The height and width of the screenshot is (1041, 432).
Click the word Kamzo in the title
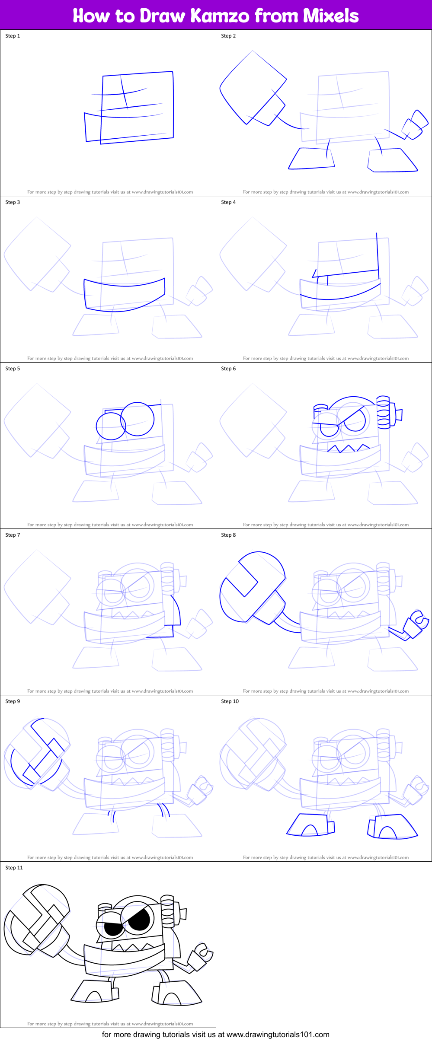click(220, 16)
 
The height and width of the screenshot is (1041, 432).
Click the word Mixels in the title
click(330, 16)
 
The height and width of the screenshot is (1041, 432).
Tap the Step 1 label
click(13, 36)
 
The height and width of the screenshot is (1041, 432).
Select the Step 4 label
click(228, 202)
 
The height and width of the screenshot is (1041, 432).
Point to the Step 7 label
click(13, 535)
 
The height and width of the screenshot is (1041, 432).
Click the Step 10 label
click(230, 701)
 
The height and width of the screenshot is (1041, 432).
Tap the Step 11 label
click(14, 868)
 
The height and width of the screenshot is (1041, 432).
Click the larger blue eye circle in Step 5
click(138, 419)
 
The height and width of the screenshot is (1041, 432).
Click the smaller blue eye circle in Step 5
click(110, 426)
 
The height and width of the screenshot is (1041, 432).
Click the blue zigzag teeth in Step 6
click(348, 449)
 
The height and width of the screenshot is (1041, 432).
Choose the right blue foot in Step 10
click(392, 827)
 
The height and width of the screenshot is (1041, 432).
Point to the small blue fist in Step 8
click(415, 623)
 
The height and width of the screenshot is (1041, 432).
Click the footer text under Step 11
click(110, 1024)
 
